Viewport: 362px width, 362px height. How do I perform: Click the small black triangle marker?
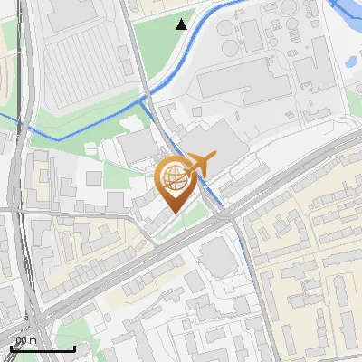pyautogui.click(x=182, y=24)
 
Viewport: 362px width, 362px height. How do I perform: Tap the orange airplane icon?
pyautogui.click(x=200, y=164)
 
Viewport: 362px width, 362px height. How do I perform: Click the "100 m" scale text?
pyautogui.click(x=24, y=339)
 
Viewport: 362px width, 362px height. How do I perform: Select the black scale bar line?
pyautogui.click(x=42, y=348)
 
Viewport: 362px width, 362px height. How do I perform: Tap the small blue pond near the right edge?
pyautogui.click(x=350, y=62)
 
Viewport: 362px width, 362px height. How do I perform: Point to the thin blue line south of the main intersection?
pyautogui.click(x=245, y=253)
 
